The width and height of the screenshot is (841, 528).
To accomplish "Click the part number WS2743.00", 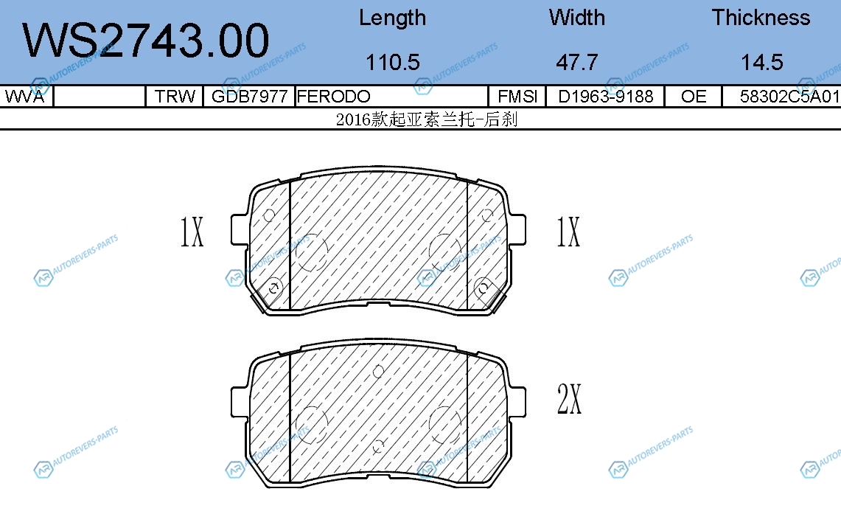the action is click(x=145, y=41).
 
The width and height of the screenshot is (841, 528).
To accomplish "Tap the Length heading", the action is click(x=393, y=18).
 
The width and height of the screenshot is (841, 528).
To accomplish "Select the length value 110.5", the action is click(x=393, y=62).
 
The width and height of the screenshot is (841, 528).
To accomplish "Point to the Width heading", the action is click(x=577, y=18).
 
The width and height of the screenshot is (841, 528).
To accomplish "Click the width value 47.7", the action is click(x=577, y=62).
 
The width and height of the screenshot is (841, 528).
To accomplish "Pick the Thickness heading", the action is click(x=761, y=18).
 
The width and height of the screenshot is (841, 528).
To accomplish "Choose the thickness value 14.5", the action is click(x=762, y=62).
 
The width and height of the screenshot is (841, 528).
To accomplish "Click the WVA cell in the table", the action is click(x=24, y=97).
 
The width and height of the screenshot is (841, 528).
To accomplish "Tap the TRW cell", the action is click(x=175, y=97).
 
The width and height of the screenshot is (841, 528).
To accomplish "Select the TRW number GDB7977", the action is click(x=249, y=97).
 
